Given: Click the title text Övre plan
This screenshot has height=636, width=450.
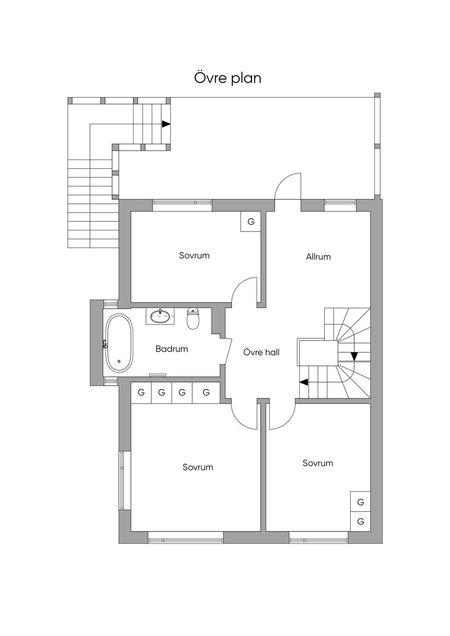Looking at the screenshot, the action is [x=228, y=78].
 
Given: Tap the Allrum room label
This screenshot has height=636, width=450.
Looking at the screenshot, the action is [x=318, y=257].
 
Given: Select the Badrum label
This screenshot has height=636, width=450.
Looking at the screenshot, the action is [x=171, y=349].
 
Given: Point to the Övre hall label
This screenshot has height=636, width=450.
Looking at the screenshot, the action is [x=261, y=352].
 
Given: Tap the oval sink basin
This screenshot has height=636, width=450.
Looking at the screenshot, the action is [x=160, y=316].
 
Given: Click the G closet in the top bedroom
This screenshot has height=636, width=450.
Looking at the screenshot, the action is [x=250, y=221].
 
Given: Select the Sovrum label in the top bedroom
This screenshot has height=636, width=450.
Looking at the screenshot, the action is [x=194, y=255].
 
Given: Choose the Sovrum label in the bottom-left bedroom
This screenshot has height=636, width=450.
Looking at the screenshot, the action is [x=198, y=467].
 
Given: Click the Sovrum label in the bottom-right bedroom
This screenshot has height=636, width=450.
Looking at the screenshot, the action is [x=318, y=463].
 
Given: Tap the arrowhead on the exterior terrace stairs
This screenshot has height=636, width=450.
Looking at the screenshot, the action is [x=166, y=124].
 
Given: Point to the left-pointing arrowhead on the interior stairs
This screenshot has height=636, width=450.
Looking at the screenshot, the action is [x=304, y=382].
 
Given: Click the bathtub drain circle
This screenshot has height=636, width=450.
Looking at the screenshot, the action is [x=119, y=361].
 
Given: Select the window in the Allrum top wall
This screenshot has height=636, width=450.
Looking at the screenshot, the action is [x=340, y=202].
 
